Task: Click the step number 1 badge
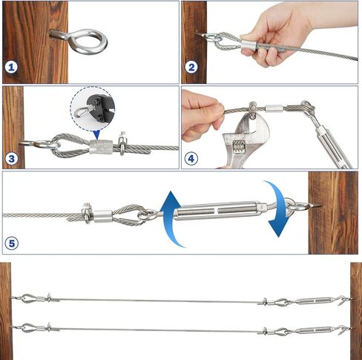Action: (x=11, y=67)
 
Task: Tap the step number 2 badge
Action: (x=191, y=67)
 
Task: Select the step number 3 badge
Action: (x=12, y=159)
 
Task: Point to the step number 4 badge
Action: (x=191, y=159)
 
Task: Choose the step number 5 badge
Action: (x=12, y=243)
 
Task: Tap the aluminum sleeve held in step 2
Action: (x=249, y=45)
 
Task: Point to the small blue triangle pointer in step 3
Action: (x=96, y=134)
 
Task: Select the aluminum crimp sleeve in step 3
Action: (x=101, y=147)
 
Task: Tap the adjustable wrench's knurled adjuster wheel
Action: (x=238, y=147)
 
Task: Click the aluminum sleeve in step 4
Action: (x=274, y=108)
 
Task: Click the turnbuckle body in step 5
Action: (x=217, y=211)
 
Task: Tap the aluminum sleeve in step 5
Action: (x=103, y=216)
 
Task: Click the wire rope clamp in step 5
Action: (x=87, y=212)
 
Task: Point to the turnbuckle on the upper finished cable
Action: (x=314, y=301)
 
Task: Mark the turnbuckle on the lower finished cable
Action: (x=314, y=330)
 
